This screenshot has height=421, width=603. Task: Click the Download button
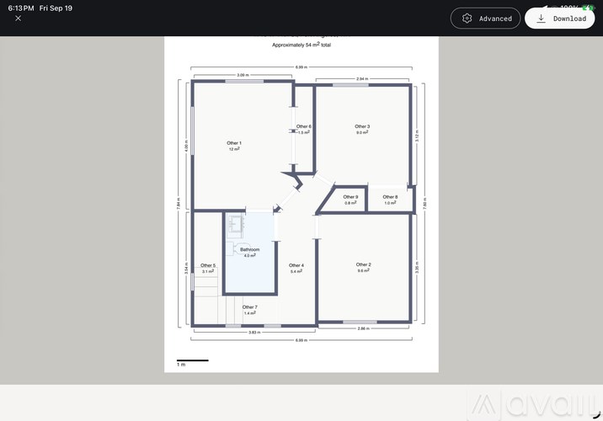pos(559,19)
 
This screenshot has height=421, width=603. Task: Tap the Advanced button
pos(486,19)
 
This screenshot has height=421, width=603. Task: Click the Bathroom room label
pos(249,250)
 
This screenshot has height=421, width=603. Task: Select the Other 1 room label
pos(234,143)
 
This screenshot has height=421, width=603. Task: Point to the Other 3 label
pos(362,126)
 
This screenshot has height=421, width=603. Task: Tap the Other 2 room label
pos(364,264)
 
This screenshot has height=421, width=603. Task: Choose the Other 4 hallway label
pos(296,266)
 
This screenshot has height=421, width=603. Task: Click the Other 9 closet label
pos(350,197)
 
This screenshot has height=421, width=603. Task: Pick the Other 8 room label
pos(390,197)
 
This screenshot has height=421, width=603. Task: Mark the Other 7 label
pos(249,307)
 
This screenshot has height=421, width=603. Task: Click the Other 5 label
pos(208,266)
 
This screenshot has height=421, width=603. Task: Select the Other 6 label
pos(303,127)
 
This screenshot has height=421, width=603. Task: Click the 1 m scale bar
pos(192,361)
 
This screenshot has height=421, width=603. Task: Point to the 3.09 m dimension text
pos(243,75)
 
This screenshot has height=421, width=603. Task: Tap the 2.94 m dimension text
pos(362,78)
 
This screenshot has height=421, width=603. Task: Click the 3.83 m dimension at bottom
pos(253,332)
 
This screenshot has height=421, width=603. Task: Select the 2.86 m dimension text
pos(365,328)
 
